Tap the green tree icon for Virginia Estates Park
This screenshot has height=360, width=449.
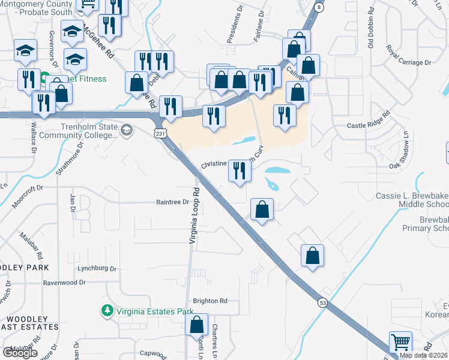(x=107, y=311)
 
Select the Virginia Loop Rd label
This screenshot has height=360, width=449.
(x=193, y=221)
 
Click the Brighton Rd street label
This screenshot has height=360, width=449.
(x=209, y=301)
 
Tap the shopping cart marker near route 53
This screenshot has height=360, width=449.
(x=400, y=343)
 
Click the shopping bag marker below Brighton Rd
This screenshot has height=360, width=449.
(x=197, y=326)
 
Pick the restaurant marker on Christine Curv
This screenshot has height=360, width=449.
(x=240, y=172)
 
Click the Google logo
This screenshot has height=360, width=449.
(x=20, y=353)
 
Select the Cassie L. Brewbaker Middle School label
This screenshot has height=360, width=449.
(x=412, y=200)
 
